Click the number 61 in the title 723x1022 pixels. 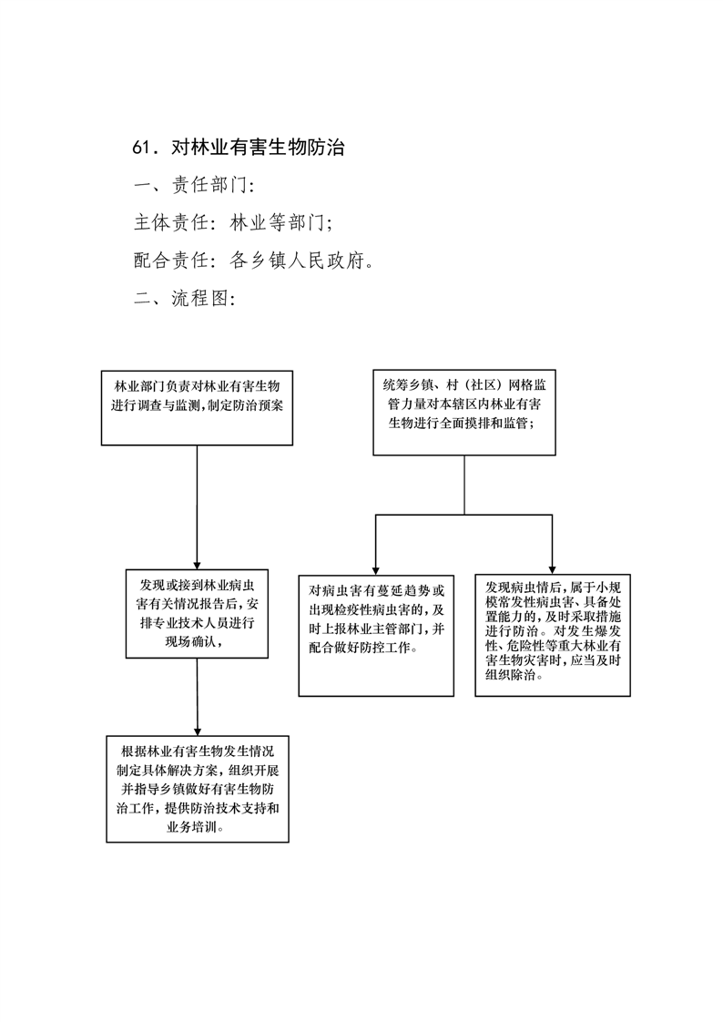pos(141,148)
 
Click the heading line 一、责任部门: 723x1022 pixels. pos(194,185)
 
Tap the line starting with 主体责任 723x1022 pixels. pos(233,223)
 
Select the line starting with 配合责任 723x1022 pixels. pos(254,261)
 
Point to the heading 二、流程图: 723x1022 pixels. pos(185,299)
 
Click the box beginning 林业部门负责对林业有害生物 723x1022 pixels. pos(197,408)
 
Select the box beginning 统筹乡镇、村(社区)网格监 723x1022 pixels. pos(464,413)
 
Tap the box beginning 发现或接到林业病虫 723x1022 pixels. pos(197,613)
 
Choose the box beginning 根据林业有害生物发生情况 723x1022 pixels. pos(198,790)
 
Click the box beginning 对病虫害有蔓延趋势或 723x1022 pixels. pos(376,636)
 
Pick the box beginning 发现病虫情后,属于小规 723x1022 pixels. pos(553,636)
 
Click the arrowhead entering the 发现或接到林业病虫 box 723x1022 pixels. pos(197,565)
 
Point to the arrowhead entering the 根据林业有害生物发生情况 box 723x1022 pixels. pos(198,732)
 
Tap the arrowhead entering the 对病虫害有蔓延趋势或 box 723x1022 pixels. pos(376,571)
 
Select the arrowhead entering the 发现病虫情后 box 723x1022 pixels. pos(553,570)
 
